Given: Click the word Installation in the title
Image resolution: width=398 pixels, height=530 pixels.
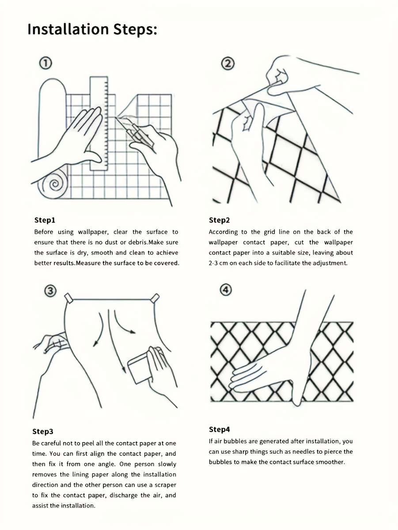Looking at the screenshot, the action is tap(68, 29).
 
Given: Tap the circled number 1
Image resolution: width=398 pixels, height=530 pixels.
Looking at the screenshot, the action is tap(45, 63).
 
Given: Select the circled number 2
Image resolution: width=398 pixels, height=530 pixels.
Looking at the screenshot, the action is tap(228, 64).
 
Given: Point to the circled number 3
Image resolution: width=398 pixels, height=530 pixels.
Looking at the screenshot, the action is tap(50, 291).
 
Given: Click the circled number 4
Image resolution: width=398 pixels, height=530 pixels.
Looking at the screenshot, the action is tap(226, 290).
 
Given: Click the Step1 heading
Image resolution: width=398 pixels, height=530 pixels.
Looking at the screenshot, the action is tap(45, 220).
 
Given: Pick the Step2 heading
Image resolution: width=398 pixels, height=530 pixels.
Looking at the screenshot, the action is tap(219, 220).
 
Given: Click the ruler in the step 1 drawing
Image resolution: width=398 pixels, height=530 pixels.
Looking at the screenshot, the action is tap(99, 124).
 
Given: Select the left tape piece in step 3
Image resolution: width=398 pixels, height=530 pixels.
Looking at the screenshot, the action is tap(68, 298).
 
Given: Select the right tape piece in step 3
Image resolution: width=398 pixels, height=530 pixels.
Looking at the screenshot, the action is tap(155, 298).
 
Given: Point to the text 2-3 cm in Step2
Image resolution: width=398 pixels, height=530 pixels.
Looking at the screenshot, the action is tap(218, 263).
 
